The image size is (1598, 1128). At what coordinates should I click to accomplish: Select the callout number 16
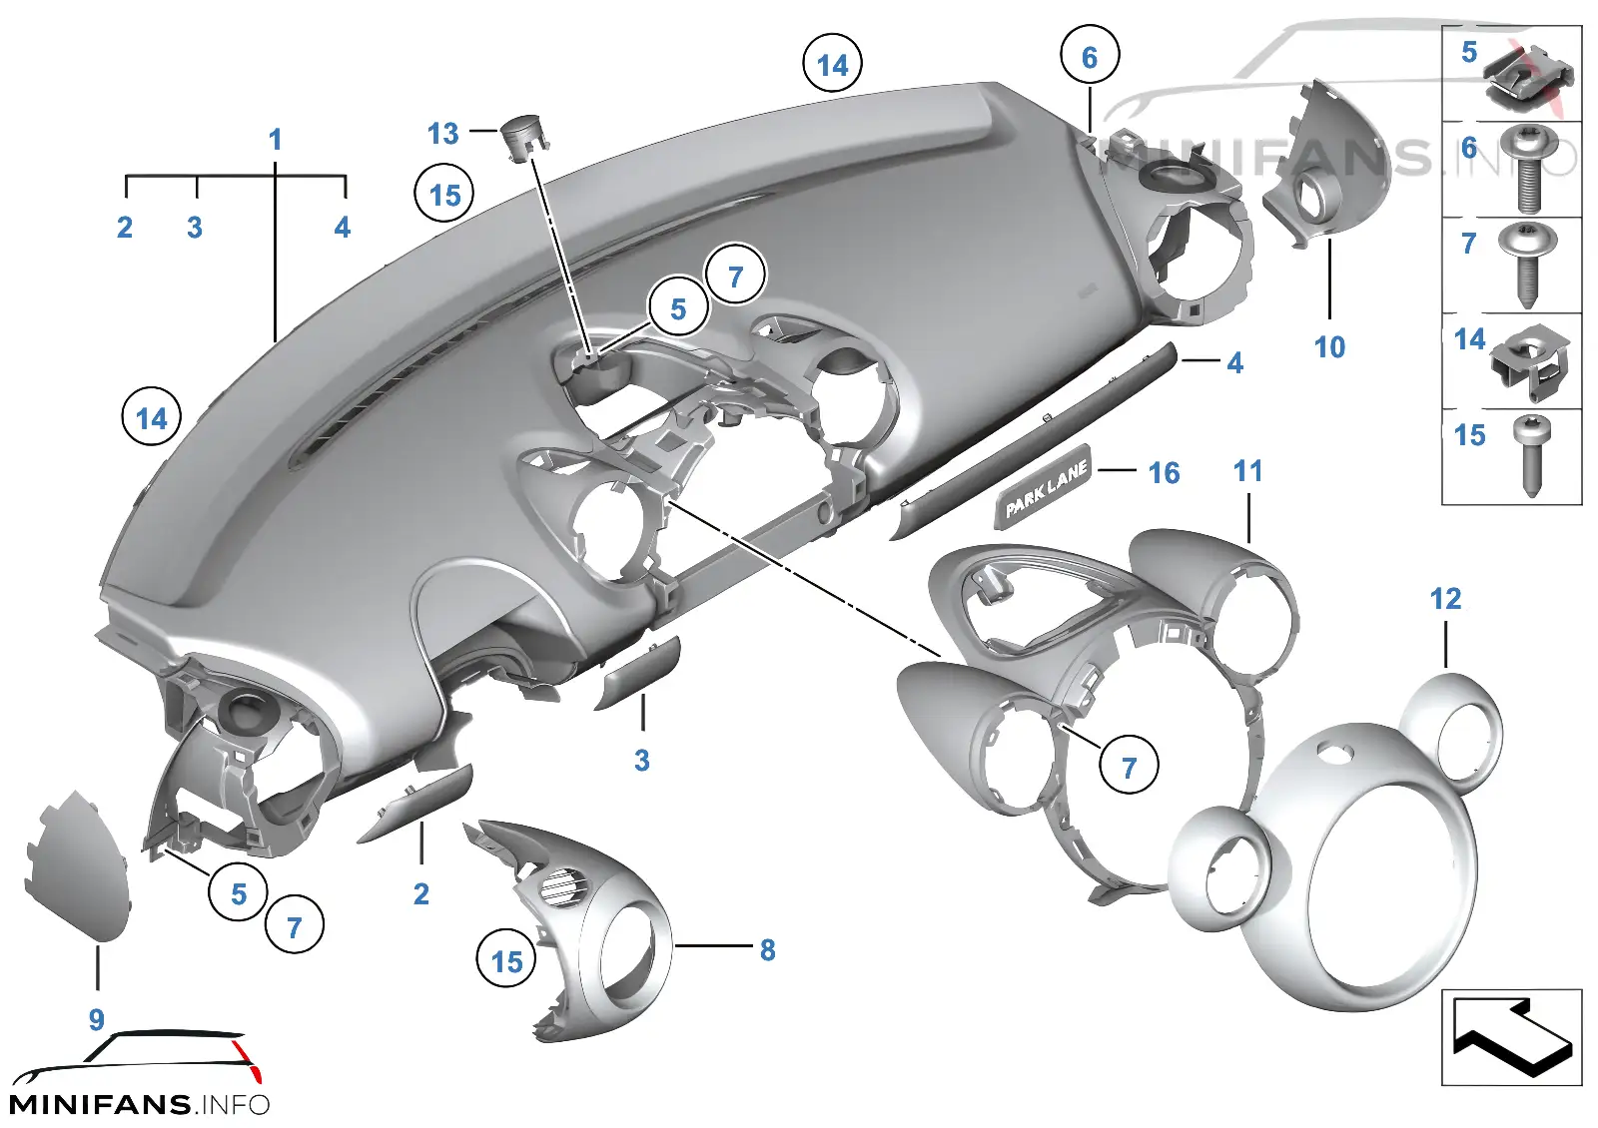[x=1165, y=473]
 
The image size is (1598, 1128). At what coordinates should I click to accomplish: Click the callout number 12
[x=1446, y=599]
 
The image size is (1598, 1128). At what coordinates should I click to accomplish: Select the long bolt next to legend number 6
[x=1528, y=170]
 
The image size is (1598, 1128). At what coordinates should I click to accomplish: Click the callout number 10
[x=1329, y=348]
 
